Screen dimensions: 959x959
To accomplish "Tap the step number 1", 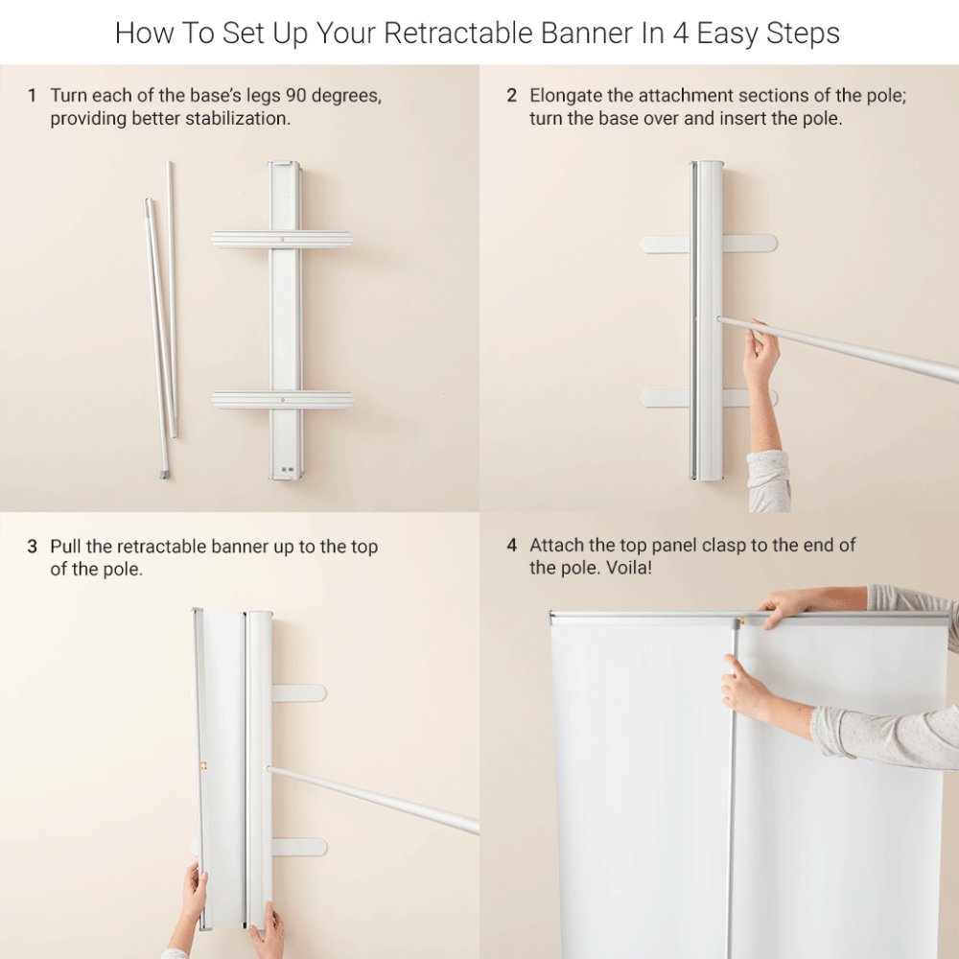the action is (x=32, y=95).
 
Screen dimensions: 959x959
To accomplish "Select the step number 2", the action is (x=512, y=95).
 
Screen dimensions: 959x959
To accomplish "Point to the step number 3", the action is (x=33, y=547).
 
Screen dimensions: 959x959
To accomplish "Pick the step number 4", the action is (x=512, y=545).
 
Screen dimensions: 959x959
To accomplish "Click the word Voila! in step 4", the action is (x=629, y=568).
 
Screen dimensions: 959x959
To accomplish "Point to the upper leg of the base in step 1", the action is (x=282, y=239).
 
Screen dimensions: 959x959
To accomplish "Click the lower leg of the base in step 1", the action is (x=283, y=400).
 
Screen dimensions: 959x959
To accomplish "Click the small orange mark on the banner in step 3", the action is (x=203, y=765).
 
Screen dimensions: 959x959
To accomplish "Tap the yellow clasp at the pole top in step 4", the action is (x=740, y=621).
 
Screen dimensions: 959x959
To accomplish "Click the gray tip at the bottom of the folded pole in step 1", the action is (x=164, y=474).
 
